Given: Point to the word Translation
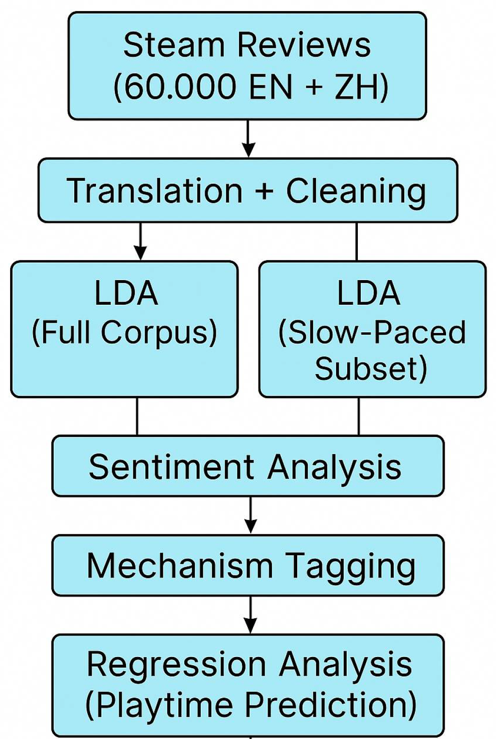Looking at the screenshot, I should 155,190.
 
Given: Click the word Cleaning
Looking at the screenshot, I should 356,190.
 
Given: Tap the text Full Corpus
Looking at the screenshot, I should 125,332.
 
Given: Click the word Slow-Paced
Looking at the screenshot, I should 372,332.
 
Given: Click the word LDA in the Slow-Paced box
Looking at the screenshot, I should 369,294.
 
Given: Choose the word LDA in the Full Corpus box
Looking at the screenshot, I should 126,294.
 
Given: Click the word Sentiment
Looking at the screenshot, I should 171,467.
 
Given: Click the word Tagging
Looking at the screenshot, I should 350,565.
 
